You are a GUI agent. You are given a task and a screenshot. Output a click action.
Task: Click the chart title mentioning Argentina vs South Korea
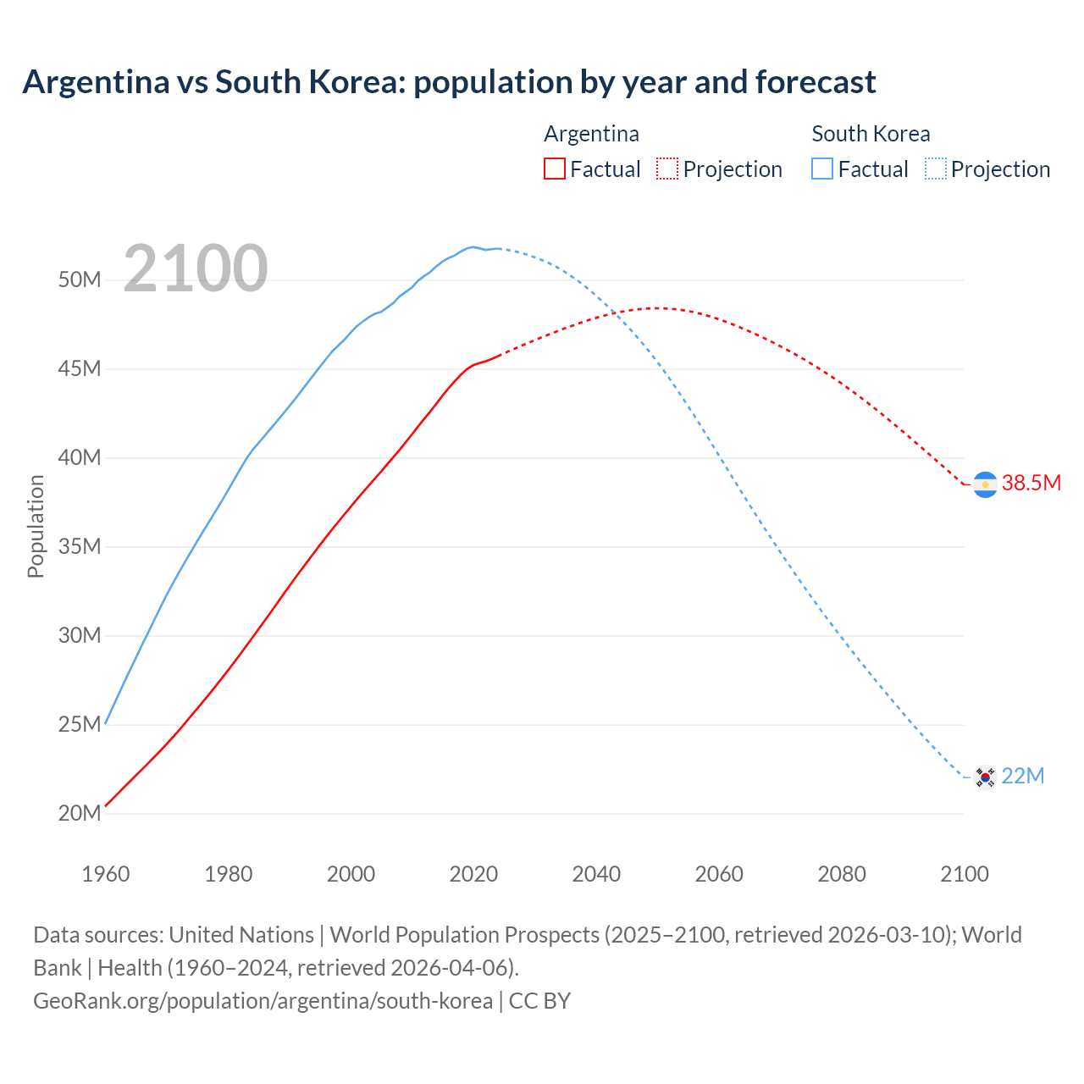[449, 82]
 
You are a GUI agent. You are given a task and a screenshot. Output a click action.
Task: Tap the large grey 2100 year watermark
[196, 268]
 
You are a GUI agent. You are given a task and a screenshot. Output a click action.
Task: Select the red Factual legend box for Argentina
[554, 169]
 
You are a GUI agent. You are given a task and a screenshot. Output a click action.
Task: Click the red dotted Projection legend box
[667, 169]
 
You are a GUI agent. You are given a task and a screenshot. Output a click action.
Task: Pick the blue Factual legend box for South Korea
[822, 169]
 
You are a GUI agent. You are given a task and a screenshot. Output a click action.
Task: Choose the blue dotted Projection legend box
[936, 169]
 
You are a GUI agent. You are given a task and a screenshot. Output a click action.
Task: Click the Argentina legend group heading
[591, 134]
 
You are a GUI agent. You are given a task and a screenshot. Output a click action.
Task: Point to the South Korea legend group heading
[871, 134]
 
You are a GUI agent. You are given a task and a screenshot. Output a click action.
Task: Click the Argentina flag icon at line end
[985, 484]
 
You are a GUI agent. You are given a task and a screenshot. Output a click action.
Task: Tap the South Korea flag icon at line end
[985, 777]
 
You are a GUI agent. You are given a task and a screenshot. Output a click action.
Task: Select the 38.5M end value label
[1031, 484]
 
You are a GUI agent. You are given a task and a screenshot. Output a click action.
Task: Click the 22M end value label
[1022, 777]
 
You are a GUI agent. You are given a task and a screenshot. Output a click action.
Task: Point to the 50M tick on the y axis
[80, 279]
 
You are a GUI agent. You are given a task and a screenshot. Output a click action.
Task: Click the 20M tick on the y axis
[80, 813]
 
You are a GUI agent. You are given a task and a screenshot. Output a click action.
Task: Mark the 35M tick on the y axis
[80, 546]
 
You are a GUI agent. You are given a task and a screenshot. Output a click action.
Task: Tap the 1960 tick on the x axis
[106, 874]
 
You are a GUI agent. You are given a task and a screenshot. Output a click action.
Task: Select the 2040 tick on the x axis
[596, 874]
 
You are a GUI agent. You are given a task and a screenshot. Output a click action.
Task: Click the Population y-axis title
[36, 526]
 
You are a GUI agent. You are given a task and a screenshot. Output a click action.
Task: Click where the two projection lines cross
[618, 314]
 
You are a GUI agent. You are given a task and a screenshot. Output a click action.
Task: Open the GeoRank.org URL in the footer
[263, 1001]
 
